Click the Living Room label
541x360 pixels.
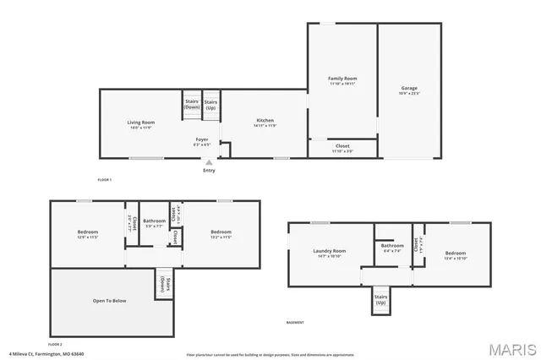tap(140, 123)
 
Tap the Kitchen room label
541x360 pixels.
tap(265, 122)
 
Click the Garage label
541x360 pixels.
tap(409, 90)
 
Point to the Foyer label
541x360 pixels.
tap(202, 139)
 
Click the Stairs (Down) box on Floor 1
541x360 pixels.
tap(192, 105)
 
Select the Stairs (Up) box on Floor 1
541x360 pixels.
tap(210, 105)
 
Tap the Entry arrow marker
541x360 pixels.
tap(209, 163)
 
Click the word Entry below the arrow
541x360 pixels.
tap(209, 171)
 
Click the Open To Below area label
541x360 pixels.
tap(110, 301)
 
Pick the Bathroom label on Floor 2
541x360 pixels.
tap(154, 222)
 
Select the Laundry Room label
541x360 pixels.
tap(330, 252)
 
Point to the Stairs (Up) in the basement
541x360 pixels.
tap(381, 300)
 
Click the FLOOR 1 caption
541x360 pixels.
tap(105, 180)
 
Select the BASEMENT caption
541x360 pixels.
tap(295, 323)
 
